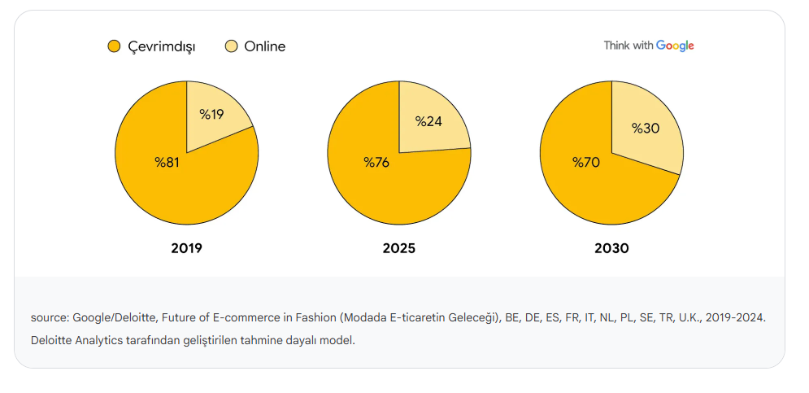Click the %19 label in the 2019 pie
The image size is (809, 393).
(x=211, y=114)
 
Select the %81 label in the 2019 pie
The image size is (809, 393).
(x=167, y=162)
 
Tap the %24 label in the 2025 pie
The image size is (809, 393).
(x=428, y=121)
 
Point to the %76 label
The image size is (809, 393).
(x=376, y=162)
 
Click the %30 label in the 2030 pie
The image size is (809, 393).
(x=646, y=128)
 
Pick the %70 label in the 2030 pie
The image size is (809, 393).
(x=585, y=162)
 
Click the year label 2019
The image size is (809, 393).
(x=186, y=248)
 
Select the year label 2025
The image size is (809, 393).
(x=398, y=248)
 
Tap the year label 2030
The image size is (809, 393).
(x=611, y=248)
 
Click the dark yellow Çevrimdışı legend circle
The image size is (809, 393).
(x=114, y=46)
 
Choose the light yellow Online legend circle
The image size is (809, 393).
(x=231, y=46)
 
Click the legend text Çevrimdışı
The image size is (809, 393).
(x=162, y=46)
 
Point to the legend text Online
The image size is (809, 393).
(x=264, y=46)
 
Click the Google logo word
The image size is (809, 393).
(x=675, y=46)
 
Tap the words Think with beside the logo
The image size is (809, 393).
(x=628, y=46)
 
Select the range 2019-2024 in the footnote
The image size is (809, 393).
(x=736, y=317)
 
